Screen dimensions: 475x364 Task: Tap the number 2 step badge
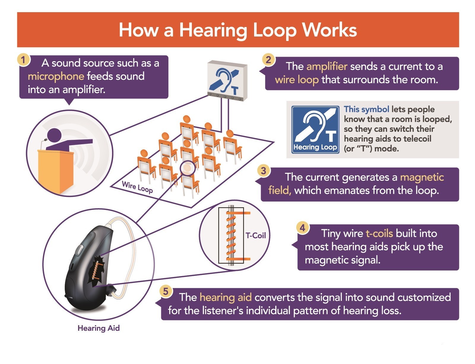tap(268, 59)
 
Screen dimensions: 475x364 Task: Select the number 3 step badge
tap(264, 171)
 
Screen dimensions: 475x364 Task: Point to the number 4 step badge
tap(303, 228)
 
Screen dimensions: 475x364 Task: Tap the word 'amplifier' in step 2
tap(327, 67)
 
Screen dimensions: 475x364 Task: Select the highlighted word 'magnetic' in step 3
tap(422, 177)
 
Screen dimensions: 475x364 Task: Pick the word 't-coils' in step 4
tap(379, 233)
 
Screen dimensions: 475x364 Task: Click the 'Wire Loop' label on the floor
tap(137, 187)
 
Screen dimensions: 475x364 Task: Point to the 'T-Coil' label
tap(256, 235)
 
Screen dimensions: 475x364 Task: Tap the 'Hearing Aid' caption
tap(99, 328)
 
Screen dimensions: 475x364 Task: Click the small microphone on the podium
tap(43, 143)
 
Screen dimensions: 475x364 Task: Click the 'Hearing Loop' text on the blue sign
tap(315, 147)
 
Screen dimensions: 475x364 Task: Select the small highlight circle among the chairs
tap(188, 168)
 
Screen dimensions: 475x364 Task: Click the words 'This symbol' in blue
tap(366, 109)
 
